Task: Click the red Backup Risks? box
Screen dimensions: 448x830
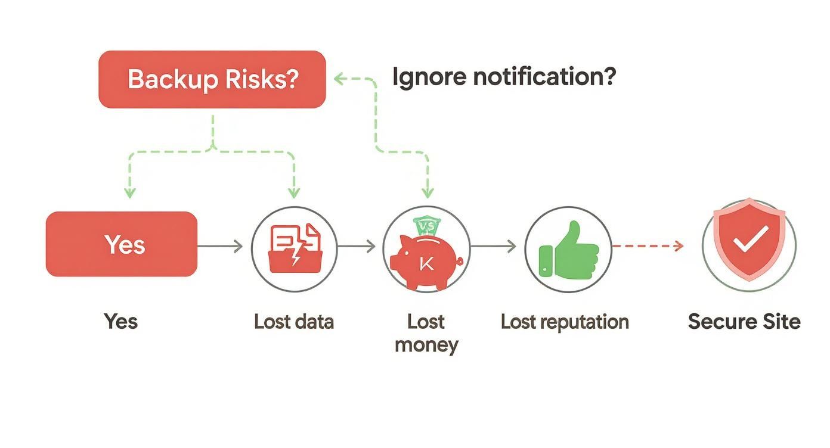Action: [212, 79]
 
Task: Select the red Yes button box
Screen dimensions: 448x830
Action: [122, 244]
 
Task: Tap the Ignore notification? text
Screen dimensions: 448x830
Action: [504, 77]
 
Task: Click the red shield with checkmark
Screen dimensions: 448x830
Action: [750, 242]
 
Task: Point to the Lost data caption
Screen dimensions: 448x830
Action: [294, 322]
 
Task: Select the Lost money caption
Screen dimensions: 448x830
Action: [426, 332]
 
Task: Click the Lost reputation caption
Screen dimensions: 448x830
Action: [565, 322]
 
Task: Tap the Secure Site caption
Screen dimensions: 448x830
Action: [744, 322]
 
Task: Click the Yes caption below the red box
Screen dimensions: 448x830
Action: [121, 322]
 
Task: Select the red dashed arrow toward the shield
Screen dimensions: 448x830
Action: [648, 246]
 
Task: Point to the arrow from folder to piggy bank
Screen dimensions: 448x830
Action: [357, 246]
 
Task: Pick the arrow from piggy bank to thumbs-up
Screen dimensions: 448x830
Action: [494, 246]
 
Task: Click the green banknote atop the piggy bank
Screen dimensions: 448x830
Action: [426, 226]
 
